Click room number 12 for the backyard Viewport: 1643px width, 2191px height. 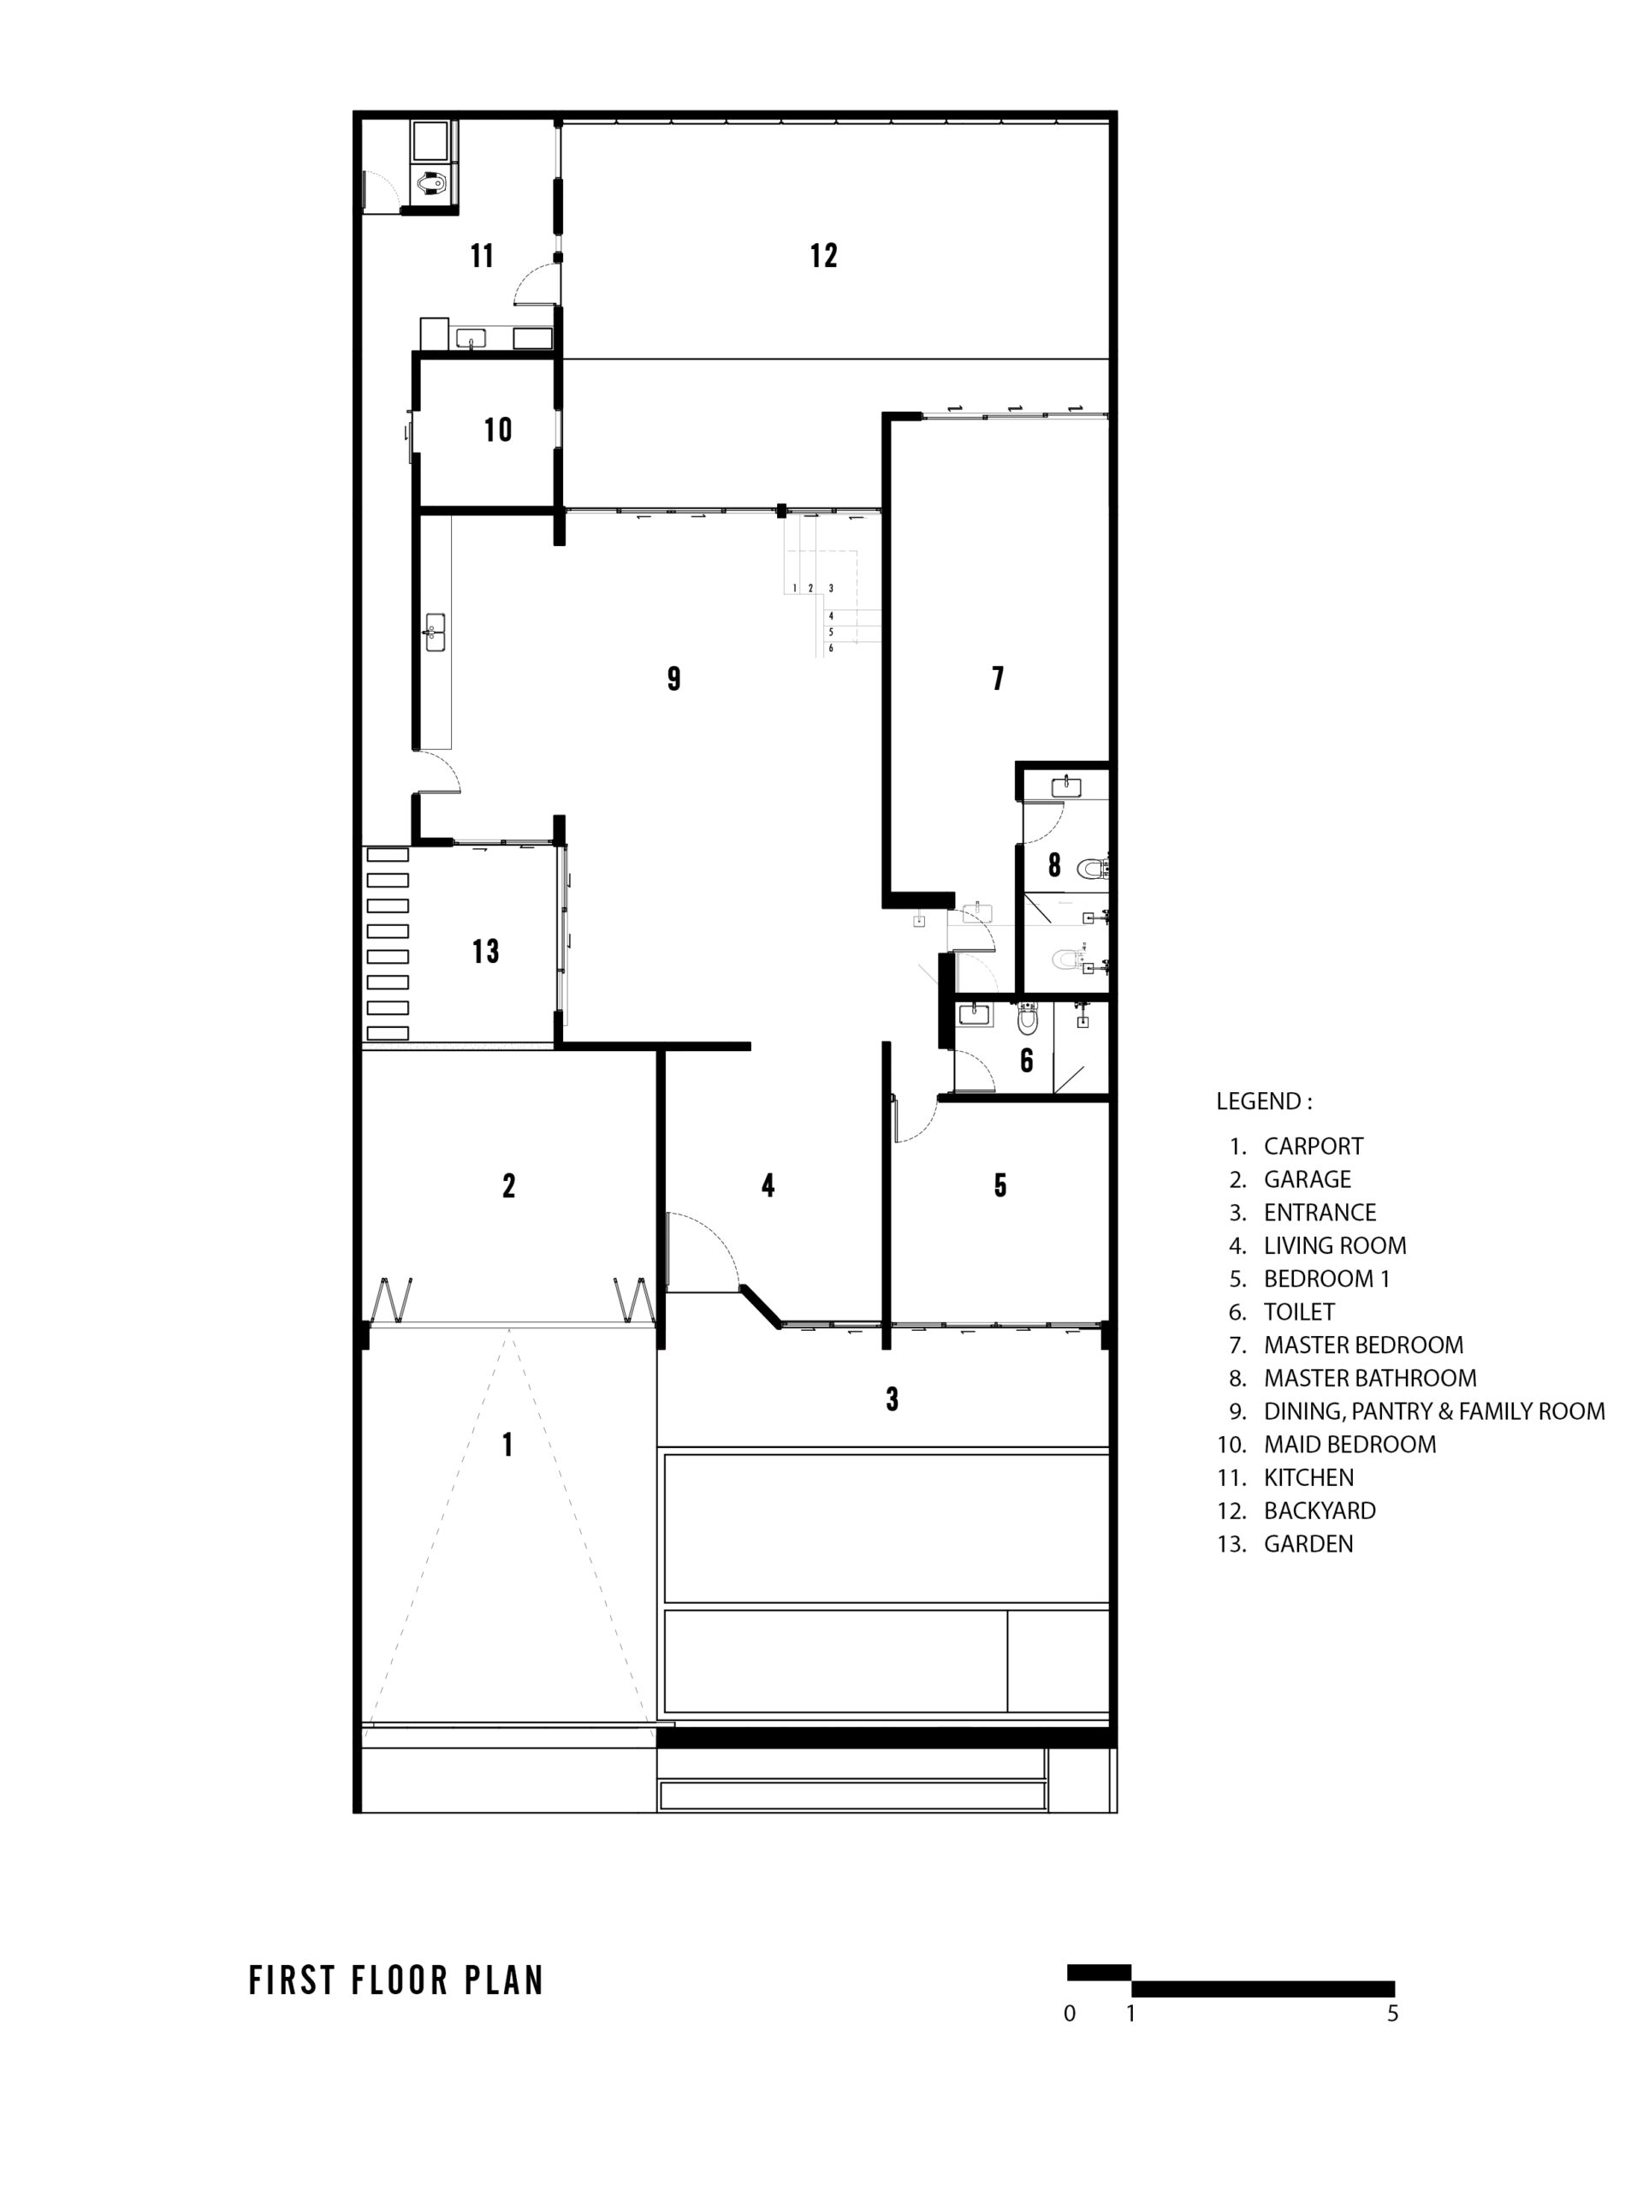tap(823, 256)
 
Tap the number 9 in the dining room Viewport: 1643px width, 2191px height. tap(673, 679)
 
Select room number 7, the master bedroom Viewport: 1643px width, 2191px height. tap(997, 679)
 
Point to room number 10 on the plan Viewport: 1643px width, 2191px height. tap(497, 430)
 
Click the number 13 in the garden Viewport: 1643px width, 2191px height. tap(485, 952)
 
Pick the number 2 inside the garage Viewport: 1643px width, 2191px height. tap(509, 1185)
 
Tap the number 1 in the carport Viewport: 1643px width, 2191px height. tap(508, 1446)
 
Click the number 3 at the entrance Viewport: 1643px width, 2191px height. tap(893, 1399)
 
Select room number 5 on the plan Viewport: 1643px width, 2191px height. tap(1000, 1185)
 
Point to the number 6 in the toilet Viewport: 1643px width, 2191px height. tap(1027, 1060)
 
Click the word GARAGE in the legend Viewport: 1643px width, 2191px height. tap(1308, 1179)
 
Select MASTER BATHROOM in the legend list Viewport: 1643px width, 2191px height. tap(1370, 1378)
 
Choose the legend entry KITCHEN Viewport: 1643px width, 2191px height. tap(1308, 1478)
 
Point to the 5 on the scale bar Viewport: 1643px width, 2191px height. tap(1392, 2014)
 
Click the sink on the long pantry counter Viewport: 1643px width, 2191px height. tap(435, 632)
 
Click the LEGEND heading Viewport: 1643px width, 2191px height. tap(1264, 1101)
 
